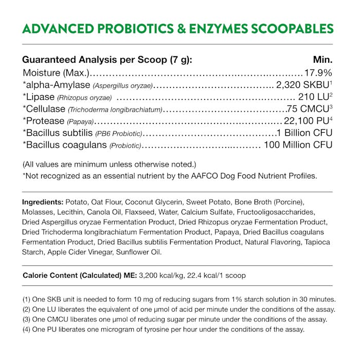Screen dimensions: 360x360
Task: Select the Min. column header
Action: click(x=322, y=60)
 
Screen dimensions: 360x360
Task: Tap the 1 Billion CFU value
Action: click(x=304, y=133)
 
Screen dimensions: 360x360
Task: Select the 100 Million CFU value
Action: click(x=298, y=146)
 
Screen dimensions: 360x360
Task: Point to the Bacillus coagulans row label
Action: click(x=65, y=146)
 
